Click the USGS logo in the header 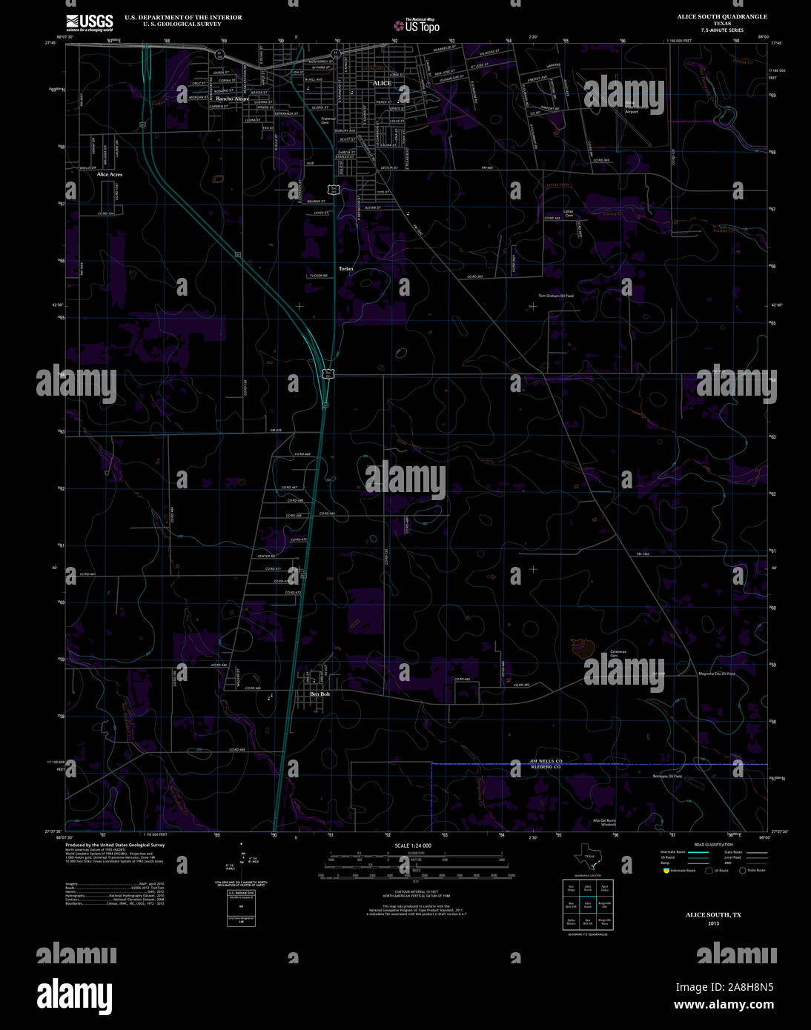click(x=89, y=22)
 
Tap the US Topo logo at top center click(x=417, y=26)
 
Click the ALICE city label click(x=382, y=83)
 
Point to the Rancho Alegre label click(x=233, y=99)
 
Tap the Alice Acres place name click(x=110, y=175)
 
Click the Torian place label click(x=346, y=268)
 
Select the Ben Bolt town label click(x=320, y=694)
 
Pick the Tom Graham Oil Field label click(x=556, y=296)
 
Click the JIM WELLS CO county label click(x=546, y=761)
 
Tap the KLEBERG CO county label click(x=546, y=768)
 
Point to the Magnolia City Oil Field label click(x=717, y=674)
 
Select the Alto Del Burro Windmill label click(x=604, y=823)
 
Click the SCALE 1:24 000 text click(x=413, y=845)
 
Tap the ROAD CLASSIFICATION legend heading click(x=713, y=845)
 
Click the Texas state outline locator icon click(x=586, y=860)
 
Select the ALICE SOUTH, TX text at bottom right click(x=713, y=915)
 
